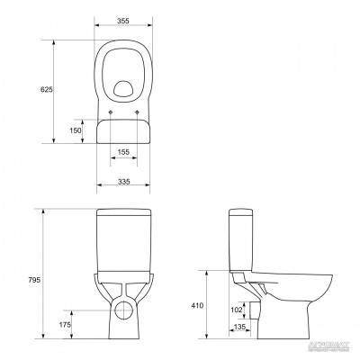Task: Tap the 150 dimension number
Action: tap(76, 130)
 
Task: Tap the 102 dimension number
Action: tap(236, 310)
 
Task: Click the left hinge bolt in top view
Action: tap(110, 112)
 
